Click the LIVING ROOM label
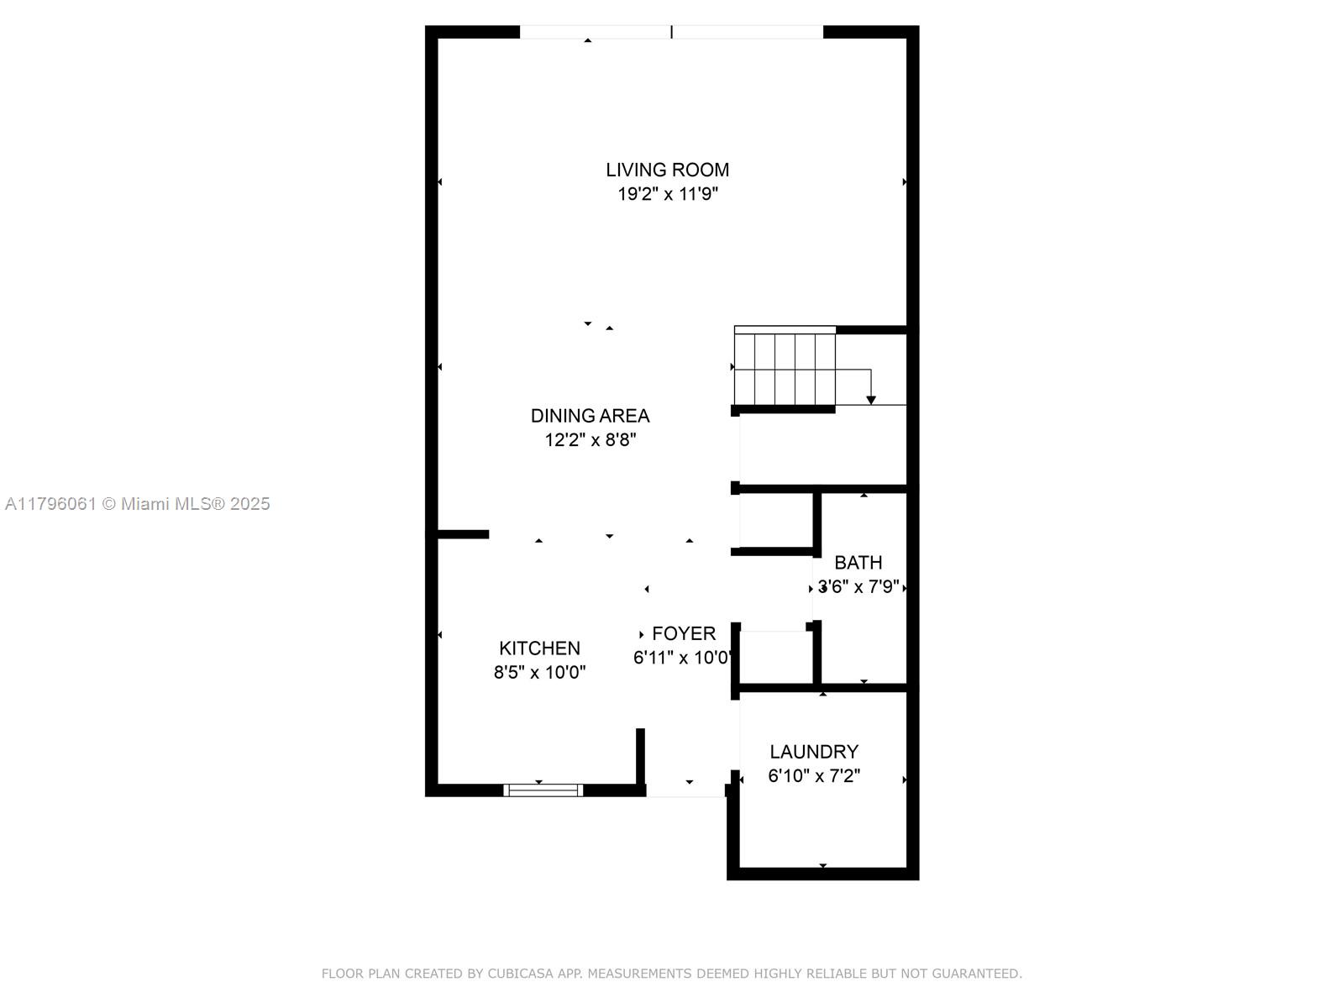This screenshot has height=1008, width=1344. coord(668,170)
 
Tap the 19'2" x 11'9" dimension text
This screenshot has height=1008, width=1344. coord(668,194)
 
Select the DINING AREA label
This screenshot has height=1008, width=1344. coord(590,416)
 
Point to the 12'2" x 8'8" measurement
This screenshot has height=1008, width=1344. coord(591,439)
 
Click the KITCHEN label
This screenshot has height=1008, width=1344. coord(539,648)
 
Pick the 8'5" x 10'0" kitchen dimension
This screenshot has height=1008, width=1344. coord(539,673)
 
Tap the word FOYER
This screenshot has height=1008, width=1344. coord(683,633)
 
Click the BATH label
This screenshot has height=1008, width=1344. coord(858,563)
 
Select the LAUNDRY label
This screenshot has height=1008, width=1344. coord(814,752)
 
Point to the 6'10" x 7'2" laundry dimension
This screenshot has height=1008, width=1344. coord(814,776)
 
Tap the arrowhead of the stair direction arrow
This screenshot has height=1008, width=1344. coord(871,401)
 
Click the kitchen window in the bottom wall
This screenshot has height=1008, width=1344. coord(543,790)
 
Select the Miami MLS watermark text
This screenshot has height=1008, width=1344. coord(137,504)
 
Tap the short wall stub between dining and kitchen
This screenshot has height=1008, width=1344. coord(464,534)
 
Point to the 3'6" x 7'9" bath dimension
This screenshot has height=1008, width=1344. coord(858,587)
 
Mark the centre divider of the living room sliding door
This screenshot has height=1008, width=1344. coord(672,32)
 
